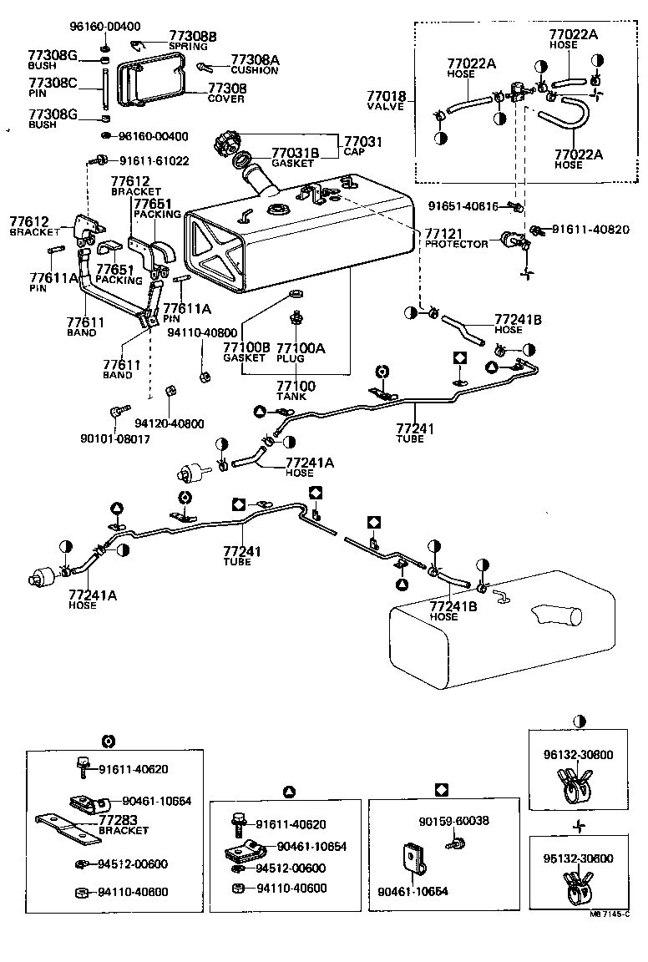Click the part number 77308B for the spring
192,36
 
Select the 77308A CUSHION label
255,64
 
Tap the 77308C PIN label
52,87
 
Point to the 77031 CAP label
362,147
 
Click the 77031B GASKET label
295,158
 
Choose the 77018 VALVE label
385,102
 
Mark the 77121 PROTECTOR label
456,239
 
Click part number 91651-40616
463,206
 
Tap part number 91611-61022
154,161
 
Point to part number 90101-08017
115,438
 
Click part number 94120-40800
169,423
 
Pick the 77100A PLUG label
301,352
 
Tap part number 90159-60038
453,821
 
